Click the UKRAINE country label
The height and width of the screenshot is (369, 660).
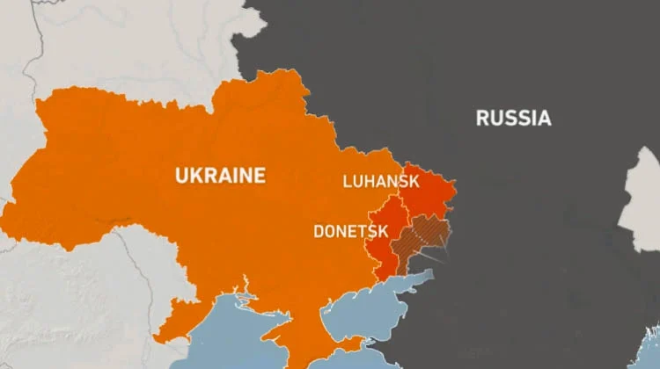pyautogui.click(x=220, y=176)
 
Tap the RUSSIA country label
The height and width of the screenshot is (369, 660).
pyautogui.click(x=513, y=118)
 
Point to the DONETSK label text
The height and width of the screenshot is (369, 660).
pyautogui.click(x=351, y=232)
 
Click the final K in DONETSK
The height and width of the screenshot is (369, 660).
pyautogui.click(x=383, y=232)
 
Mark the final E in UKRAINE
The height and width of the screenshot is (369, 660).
pyautogui.click(x=259, y=176)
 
